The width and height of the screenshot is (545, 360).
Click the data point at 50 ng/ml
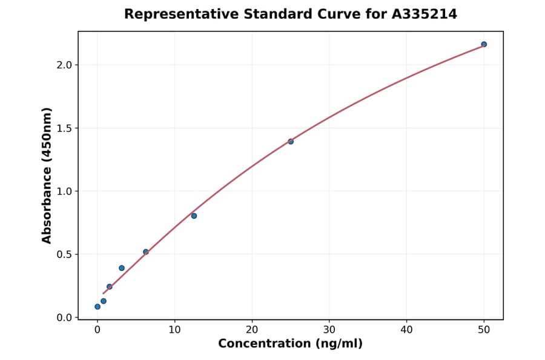(x=484, y=44)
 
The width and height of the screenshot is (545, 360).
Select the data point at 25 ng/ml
(x=291, y=141)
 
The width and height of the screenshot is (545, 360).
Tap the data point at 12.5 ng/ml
(x=194, y=216)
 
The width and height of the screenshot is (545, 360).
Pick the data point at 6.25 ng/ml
(x=146, y=252)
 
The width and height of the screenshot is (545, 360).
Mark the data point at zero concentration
(x=97, y=307)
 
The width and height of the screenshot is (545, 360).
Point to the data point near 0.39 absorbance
(x=122, y=268)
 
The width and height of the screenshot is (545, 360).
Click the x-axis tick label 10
(x=174, y=330)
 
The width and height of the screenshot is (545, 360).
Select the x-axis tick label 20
(x=252, y=330)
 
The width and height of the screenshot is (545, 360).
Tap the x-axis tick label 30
(x=329, y=330)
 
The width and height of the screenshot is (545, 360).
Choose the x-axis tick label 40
(x=406, y=330)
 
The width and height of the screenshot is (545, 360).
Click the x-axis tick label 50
(x=484, y=330)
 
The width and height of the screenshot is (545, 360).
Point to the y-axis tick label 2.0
(x=65, y=65)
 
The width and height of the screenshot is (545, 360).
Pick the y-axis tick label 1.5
(x=65, y=128)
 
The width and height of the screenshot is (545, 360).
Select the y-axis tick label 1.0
(x=65, y=192)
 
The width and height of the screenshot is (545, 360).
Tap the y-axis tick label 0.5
(x=65, y=255)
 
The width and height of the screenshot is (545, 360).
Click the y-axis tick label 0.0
(x=65, y=318)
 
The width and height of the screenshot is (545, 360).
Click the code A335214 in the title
(x=424, y=14)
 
